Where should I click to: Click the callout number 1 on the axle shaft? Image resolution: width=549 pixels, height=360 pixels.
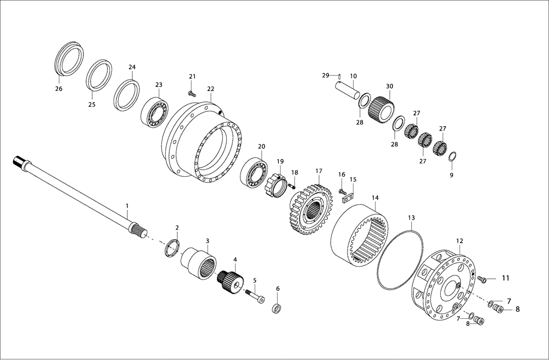[127, 206]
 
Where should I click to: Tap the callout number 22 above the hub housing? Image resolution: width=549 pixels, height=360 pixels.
[211, 89]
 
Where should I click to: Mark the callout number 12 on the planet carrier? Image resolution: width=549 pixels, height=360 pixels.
[460, 240]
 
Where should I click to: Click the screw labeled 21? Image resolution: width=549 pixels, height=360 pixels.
[191, 93]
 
